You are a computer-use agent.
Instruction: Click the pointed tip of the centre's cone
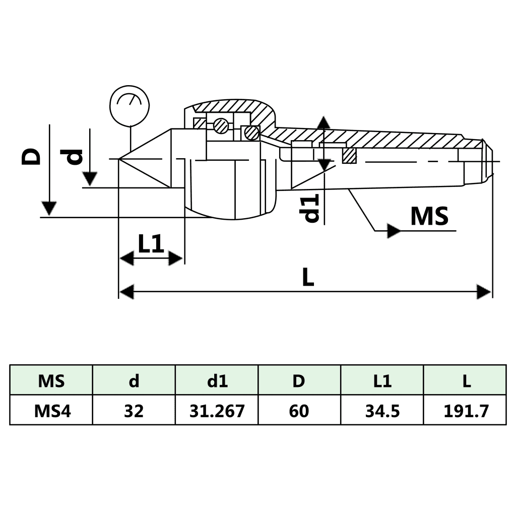(119, 159)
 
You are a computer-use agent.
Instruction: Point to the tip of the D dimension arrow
(49, 216)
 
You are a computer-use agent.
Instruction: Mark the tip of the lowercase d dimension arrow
(90, 186)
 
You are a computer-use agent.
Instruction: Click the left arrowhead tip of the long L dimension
(119, 292)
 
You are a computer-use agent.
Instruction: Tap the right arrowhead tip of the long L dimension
(491, 292)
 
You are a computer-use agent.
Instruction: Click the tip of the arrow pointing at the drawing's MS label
(402, 231)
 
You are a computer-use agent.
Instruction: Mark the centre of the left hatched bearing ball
(221, 125)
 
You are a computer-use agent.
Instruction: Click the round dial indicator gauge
(130, 106)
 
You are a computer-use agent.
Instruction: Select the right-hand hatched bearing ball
(252, 133)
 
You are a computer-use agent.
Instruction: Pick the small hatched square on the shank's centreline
(350, 156)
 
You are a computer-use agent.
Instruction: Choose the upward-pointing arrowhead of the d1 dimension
(325, 122)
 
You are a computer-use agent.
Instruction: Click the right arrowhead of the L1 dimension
(176, 259)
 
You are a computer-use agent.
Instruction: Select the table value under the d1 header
(217, 411)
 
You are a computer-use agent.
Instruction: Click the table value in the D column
(299, 411)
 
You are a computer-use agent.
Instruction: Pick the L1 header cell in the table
(382, 380)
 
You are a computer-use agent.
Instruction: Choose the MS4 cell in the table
(52, 410)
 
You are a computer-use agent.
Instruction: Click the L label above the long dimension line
(308, 277)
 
